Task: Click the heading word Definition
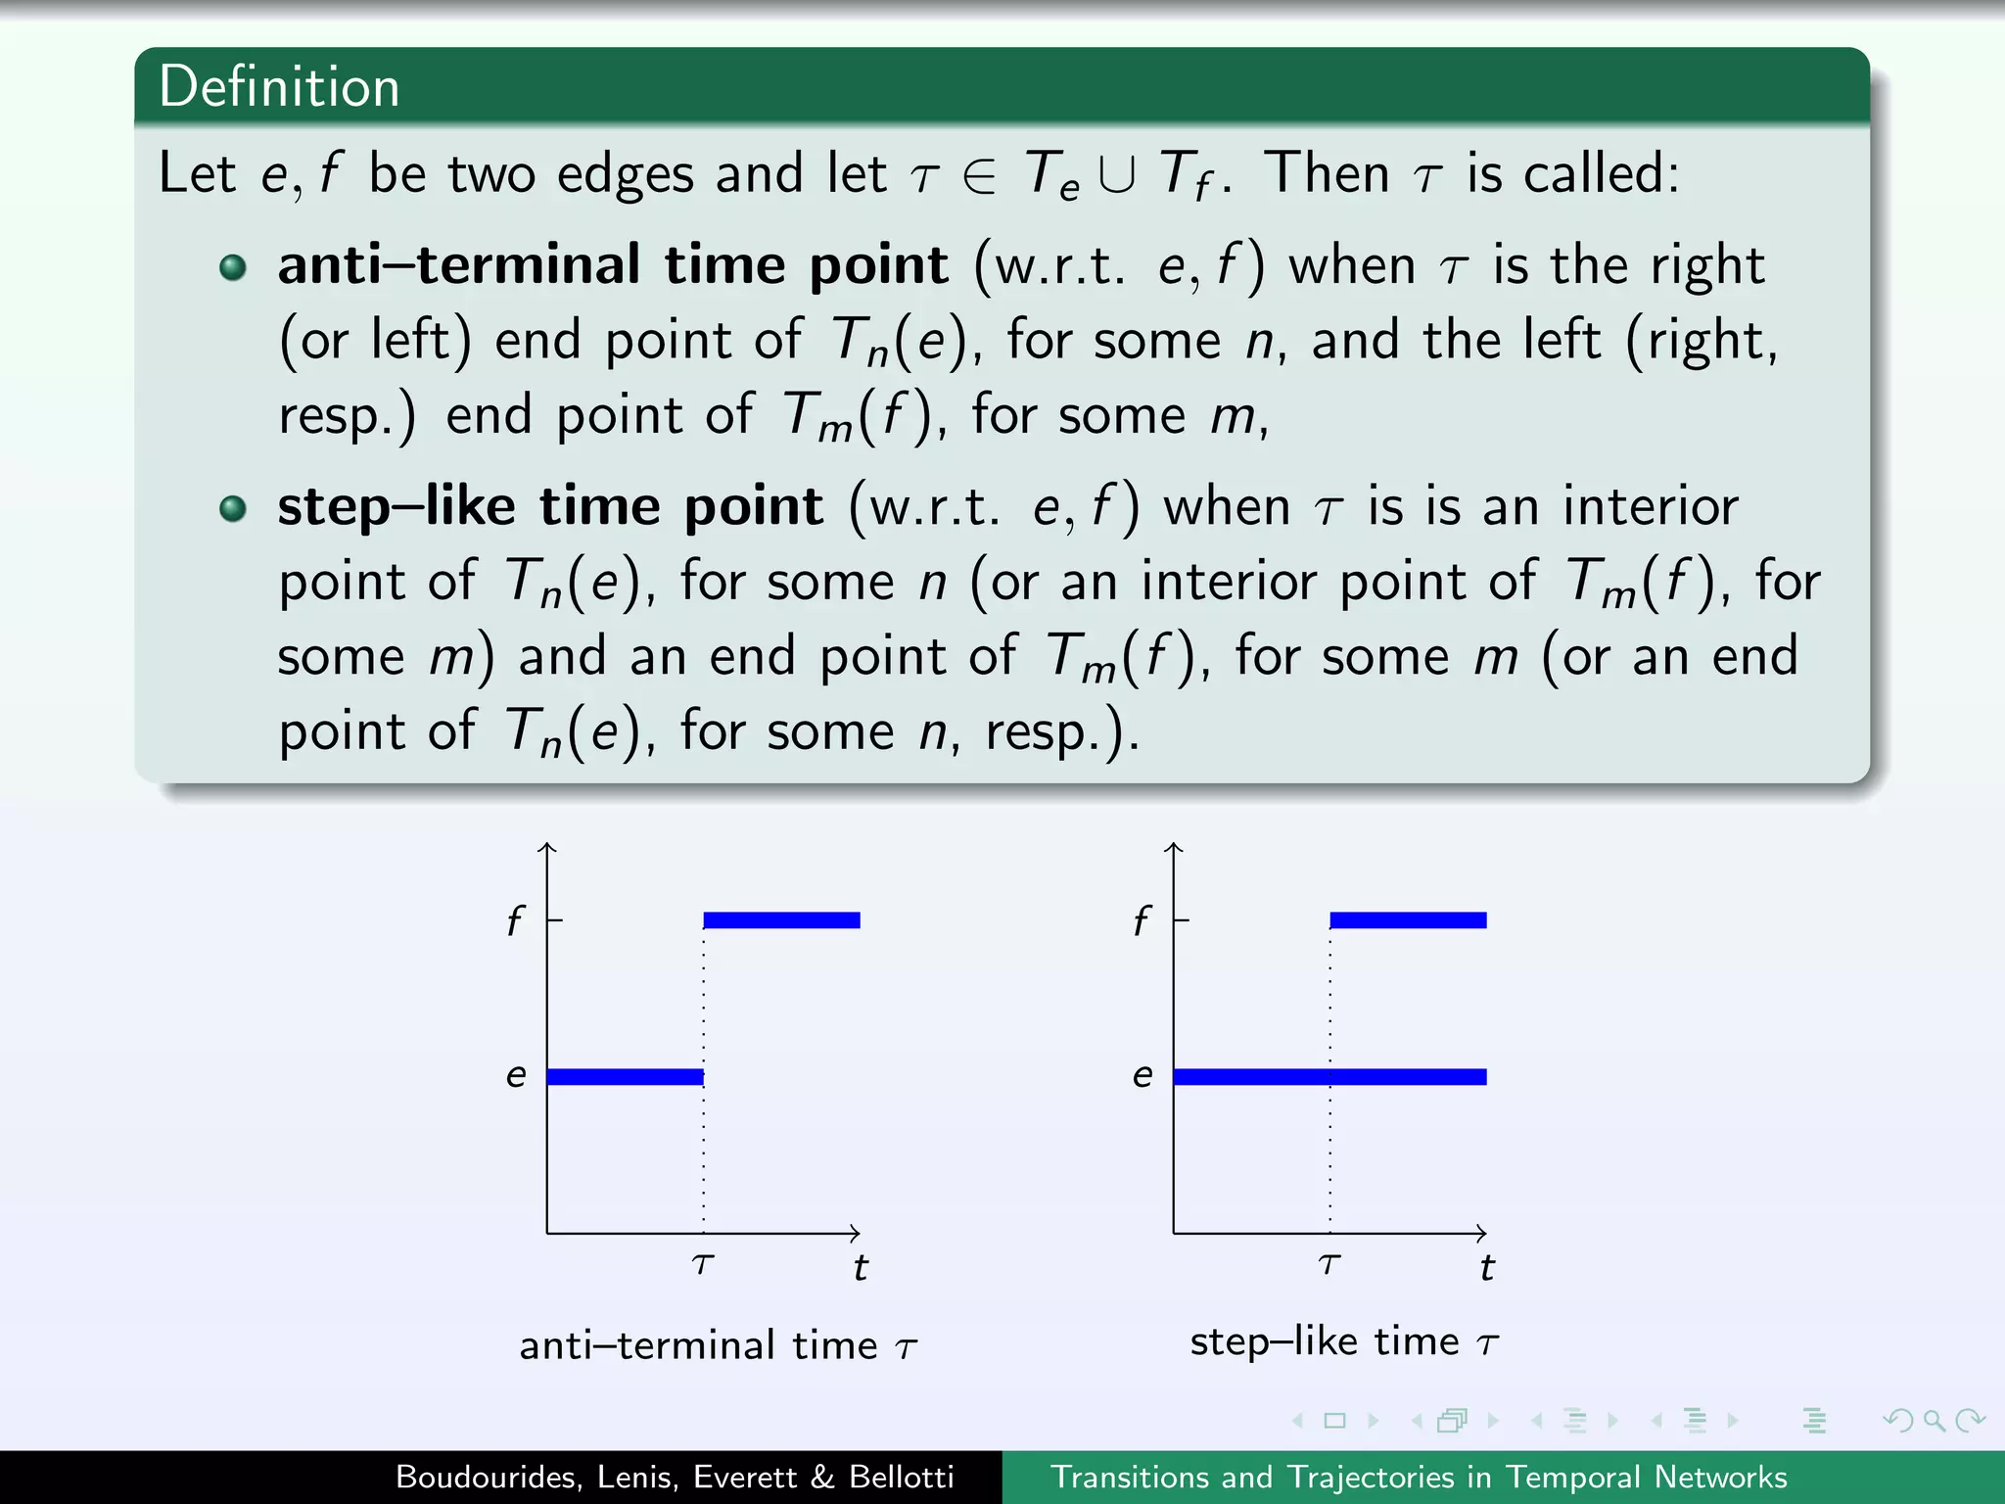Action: (279, 86)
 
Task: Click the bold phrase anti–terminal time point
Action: (613, 264)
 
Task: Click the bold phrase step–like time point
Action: (550, 506)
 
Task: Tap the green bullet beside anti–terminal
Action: (233, 267)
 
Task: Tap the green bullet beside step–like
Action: (233, 508)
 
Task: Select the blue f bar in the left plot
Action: (781, 919)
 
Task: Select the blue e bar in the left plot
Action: (625, 1076)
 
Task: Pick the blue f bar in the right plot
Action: (1408, 919)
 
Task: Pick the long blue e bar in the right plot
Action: (1329, 1076)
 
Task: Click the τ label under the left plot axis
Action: (703, 1264)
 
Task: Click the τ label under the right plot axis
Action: (1329, 1264)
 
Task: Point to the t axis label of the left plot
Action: (860, 1268)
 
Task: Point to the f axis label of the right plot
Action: (1141, 920)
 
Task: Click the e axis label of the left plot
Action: (516, 1075)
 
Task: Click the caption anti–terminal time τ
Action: (718, 1345)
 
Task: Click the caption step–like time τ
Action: (1343, 1340)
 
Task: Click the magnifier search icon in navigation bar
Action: (1934, 1420)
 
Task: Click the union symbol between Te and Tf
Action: (1117, 175)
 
